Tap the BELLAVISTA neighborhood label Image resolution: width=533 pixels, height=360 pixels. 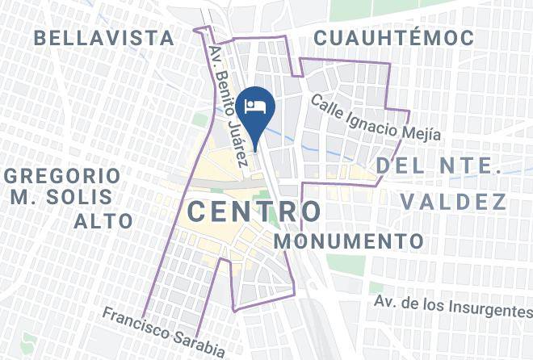click(105, 37)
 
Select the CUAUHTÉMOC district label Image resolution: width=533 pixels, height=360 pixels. click(383, 37)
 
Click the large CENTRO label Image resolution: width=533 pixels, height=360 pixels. click(254, 211)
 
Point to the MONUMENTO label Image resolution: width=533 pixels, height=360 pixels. click(349, 241)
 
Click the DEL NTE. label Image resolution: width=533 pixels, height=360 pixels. click(439, 166)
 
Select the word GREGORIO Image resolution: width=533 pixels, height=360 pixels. click(62, 176)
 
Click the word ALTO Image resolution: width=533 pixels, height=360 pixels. click(103, 221)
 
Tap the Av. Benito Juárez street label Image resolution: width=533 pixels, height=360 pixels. click(227, 106)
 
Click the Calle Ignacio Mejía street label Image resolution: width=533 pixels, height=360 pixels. click(376, 117)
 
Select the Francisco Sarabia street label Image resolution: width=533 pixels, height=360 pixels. click(163, 331)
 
